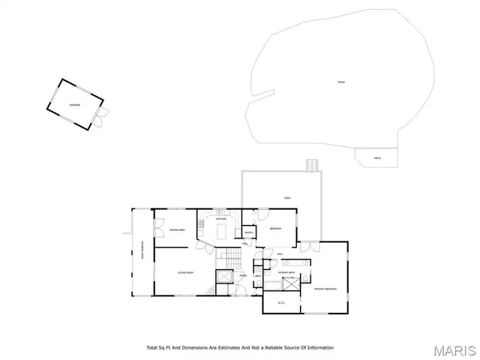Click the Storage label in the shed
coord(74,106)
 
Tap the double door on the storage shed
coord(102,115)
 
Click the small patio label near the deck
coord(377,157)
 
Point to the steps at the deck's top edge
coord(312,165)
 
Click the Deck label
coord(287,197)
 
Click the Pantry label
coord(247,242)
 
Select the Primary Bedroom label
coord(324,289)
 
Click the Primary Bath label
coord(286,272)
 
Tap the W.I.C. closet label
coord(282,303)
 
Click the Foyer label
coord(243,276)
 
